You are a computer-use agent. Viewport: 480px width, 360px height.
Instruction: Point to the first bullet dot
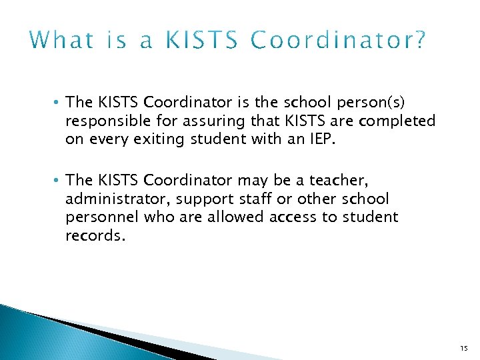point(60,103)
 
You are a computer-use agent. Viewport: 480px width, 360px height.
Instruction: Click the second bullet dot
point(60,180)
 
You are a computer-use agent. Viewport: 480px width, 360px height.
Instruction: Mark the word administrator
point(111,199)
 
